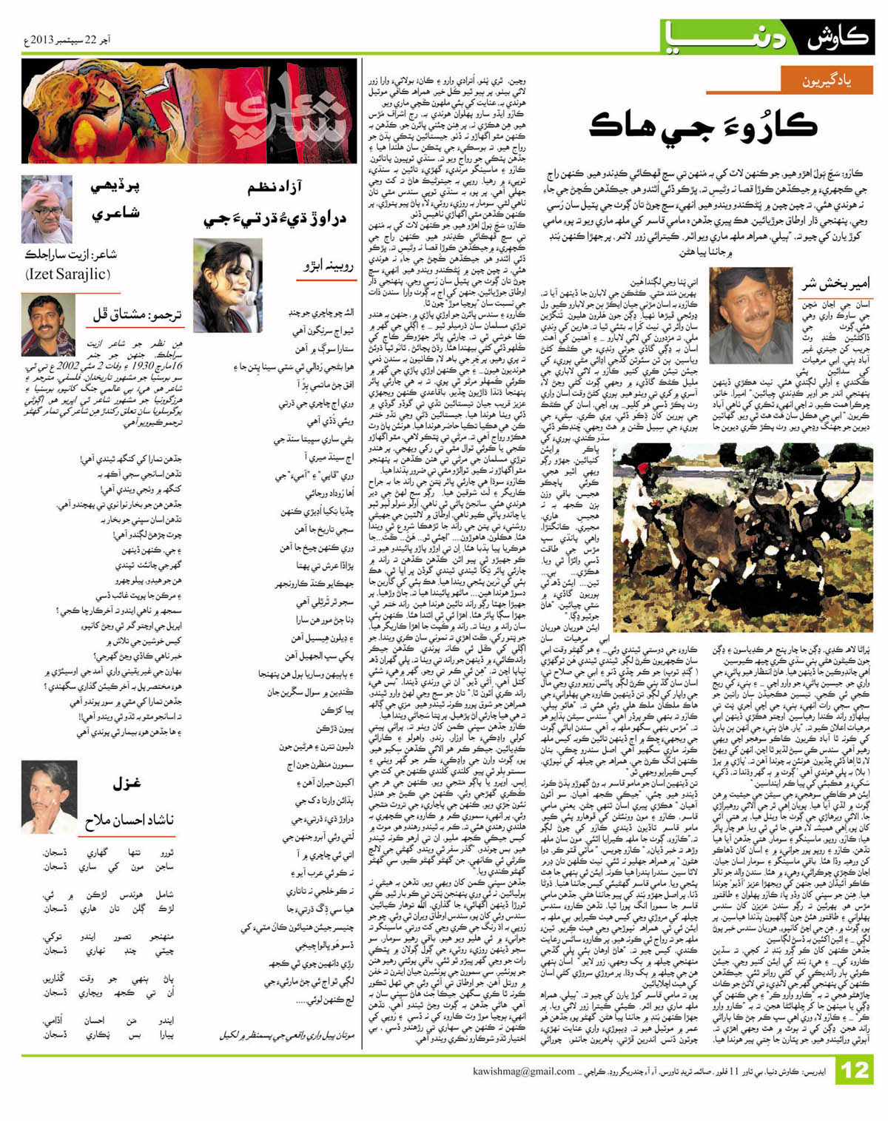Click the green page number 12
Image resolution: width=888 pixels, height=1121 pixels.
[855, 1071]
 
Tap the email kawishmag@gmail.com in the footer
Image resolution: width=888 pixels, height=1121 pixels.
[524, 1071]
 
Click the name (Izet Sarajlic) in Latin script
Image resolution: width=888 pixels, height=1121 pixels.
[68, 274]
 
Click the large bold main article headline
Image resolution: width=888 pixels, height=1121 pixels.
[703, 126]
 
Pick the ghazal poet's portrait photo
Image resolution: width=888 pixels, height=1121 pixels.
[49, 795]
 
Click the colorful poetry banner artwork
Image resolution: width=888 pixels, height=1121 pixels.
[189, 111]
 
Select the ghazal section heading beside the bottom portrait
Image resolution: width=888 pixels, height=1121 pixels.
[127, 783]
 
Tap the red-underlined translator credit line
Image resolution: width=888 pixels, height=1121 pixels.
[137, 314]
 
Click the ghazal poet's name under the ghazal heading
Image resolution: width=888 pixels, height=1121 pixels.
[129, 819]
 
